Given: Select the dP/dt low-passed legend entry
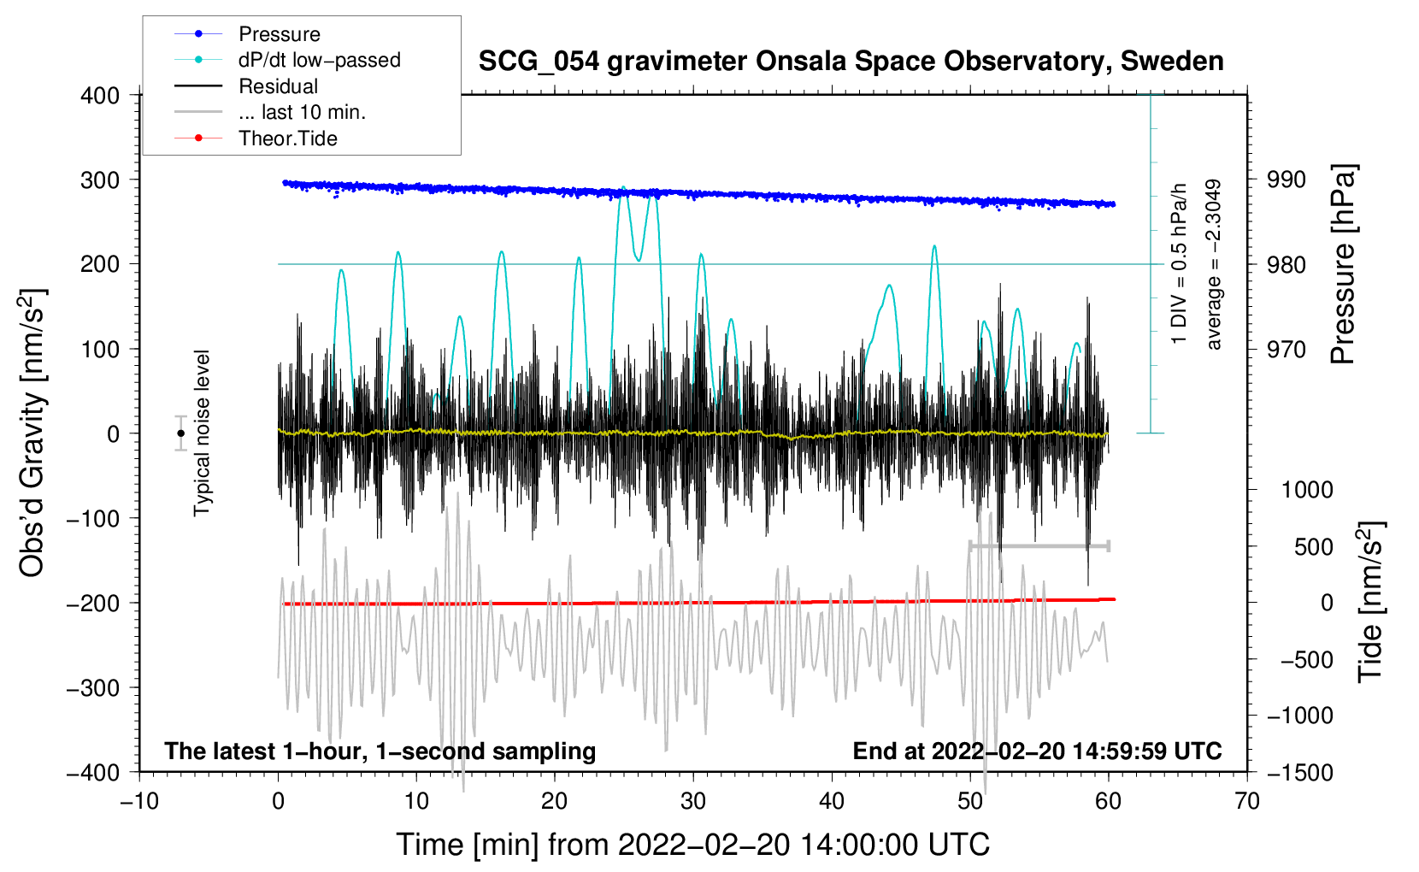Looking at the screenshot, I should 319,60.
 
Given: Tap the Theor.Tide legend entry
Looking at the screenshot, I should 287,138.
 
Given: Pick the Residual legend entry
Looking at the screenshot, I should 278,86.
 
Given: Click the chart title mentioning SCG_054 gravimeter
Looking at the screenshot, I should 851,62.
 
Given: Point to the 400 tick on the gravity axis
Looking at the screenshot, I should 100,96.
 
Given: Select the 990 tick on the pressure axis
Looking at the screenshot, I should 1287,180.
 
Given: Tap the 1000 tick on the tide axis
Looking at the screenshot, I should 1306,490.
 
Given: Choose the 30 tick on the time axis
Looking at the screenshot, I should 693,801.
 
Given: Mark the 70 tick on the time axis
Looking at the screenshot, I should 1247,801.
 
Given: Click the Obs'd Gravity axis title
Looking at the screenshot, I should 32,433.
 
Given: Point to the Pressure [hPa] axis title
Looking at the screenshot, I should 1344,265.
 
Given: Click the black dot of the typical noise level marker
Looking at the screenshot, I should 180,433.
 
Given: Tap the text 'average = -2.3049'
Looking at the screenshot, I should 1213,265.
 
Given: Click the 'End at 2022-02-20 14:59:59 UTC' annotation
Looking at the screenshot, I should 1037,751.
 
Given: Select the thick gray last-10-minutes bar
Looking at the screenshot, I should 1039,545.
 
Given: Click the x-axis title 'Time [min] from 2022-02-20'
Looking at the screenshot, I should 692,845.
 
